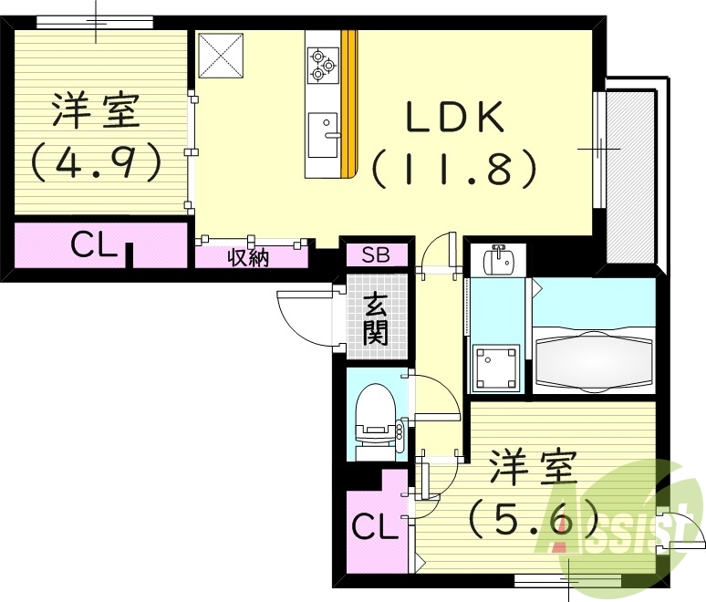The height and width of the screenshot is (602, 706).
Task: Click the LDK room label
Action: point(454,118)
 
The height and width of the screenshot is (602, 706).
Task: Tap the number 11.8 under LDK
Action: point(453,167)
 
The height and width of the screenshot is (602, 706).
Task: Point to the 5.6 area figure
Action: point(534,521)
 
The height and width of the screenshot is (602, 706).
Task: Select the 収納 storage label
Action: point(247,258)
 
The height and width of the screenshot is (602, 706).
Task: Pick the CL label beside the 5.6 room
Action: point(375,525)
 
